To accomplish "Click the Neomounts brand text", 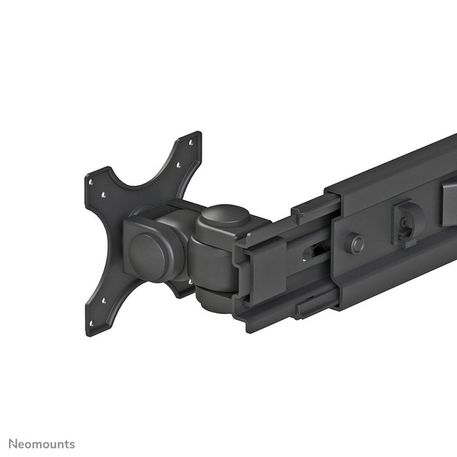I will click(x=39, y=445).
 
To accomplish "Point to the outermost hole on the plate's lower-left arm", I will click(x=92, y=323).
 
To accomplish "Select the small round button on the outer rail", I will click(x=356, y=244).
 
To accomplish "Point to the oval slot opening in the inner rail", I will click(x=319, y=250).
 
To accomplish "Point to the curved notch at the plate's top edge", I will click(x=144, y=176).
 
